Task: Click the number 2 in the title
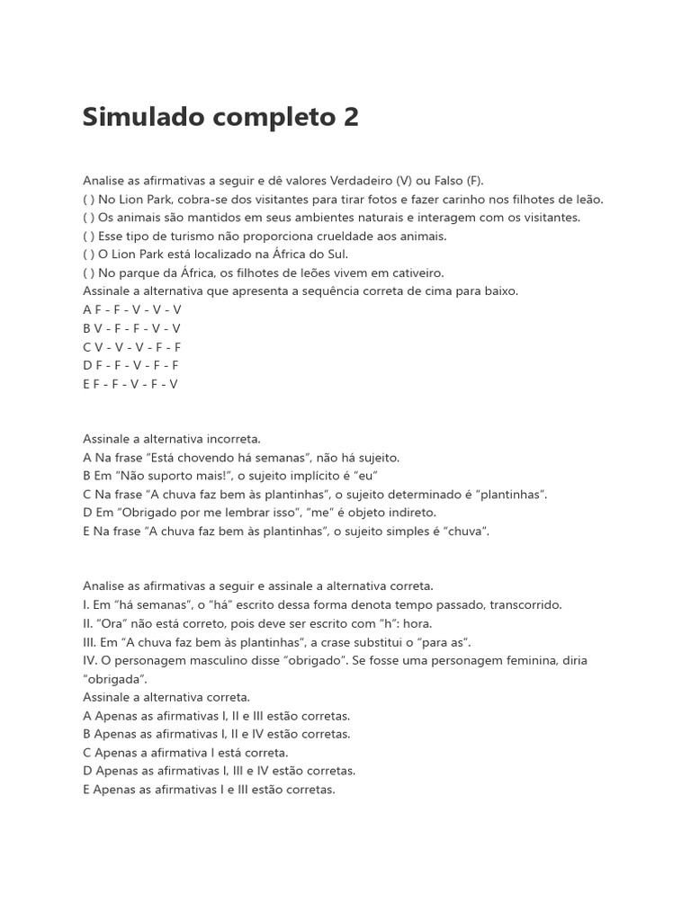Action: (350, 118)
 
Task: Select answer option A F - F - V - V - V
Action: (131, 309)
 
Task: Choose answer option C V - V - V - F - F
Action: (131, 347)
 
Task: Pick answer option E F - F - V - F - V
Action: (130, 384)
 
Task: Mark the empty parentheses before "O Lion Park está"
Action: (88, 255)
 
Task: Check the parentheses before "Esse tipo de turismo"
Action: (88, 236)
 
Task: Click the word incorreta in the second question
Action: (231, 439)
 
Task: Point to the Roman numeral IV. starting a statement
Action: (90, 660)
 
